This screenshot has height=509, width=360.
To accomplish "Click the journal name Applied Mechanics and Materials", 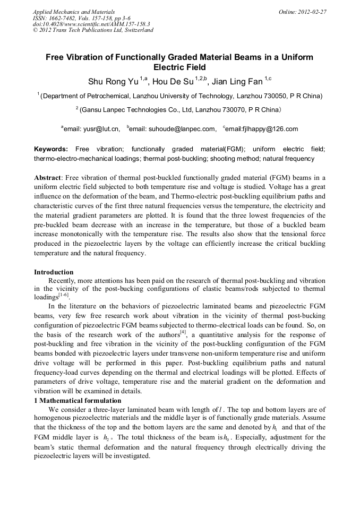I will point(74,12).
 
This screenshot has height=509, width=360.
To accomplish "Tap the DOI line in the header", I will point(91,24).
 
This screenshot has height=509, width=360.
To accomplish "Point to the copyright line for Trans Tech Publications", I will point(93,30).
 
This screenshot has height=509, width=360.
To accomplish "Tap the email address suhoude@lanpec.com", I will point(181,129).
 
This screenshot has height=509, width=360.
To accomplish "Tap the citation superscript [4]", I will point(182,332).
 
